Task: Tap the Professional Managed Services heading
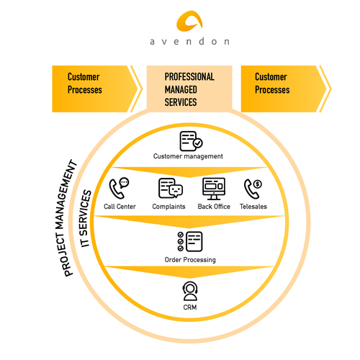[189, 89]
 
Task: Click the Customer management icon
[190, 140]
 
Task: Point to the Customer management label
[188, 156]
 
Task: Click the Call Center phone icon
[119, 189]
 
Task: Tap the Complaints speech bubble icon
[170, 189]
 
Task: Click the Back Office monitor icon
[215, 189]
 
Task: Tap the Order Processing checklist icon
[189, 241]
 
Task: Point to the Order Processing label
[189, 259]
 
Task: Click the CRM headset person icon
[190, 292]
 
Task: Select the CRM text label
[190, 308]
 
